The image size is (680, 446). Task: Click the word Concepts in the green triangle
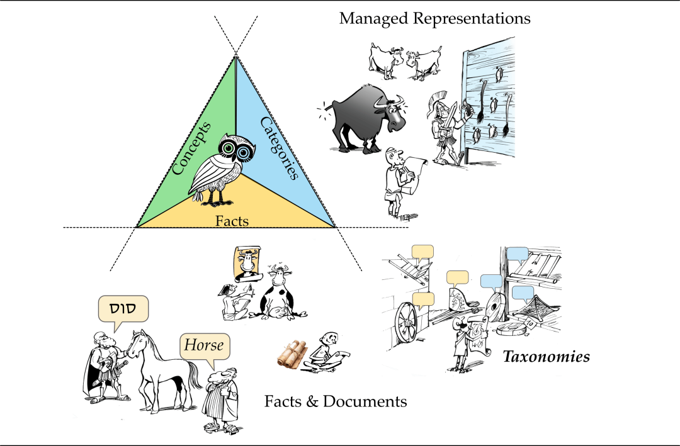(x=191, y=148)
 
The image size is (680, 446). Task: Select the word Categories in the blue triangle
(x=280, y=148)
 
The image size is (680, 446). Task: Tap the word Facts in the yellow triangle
(x=232, y=221)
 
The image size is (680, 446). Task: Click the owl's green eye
(x=228, y=148)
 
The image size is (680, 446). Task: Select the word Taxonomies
(x=546, y=356)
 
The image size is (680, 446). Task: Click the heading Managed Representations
(x=434, y=18)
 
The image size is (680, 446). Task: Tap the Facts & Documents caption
(x=336, y=401)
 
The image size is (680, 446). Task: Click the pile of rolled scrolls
(x=292, y=354)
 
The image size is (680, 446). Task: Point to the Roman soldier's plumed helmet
(x=437, y=103)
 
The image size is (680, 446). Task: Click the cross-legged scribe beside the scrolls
(x=326, y=353)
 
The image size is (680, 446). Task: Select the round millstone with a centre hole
(x=496, y=308)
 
